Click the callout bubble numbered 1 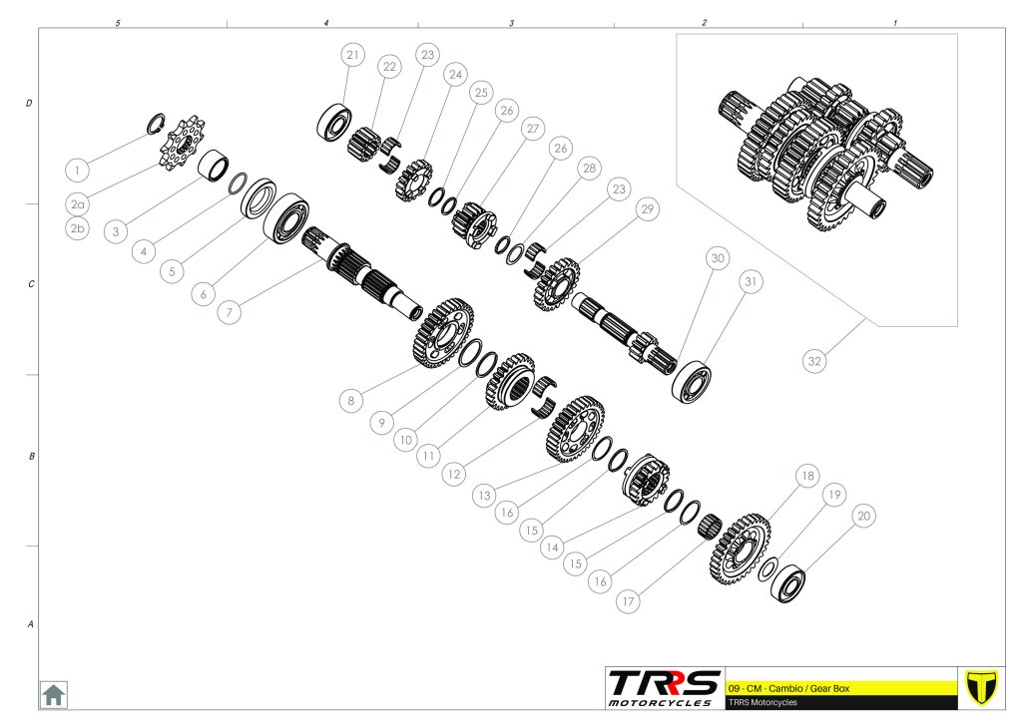click(x=78, y=171)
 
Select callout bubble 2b click(x=78, y=228)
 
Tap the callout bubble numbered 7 click(x=229, y=312)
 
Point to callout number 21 click(x=352, y=55)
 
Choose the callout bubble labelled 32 click(x=814, y=360)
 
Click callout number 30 click(x=718, y=258)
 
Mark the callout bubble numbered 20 click(x=864, y=516)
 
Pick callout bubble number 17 click(x=628, y=601)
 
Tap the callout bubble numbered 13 click(x=484, y=496)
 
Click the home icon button click(x=53, y=694)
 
